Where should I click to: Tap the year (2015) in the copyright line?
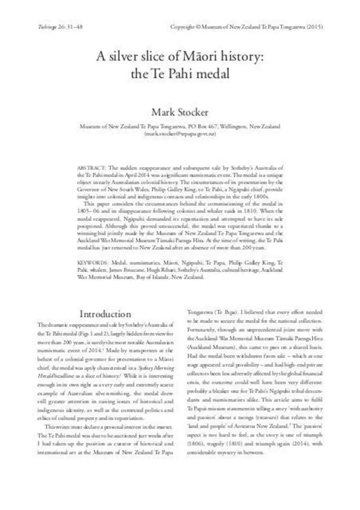click(314, 27)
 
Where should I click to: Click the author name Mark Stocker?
click(180, 112)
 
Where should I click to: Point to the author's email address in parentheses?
click(180, 134)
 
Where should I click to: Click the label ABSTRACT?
click(92, 168)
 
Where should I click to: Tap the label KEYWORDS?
click(93, 263)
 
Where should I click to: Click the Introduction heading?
click(105, 313)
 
